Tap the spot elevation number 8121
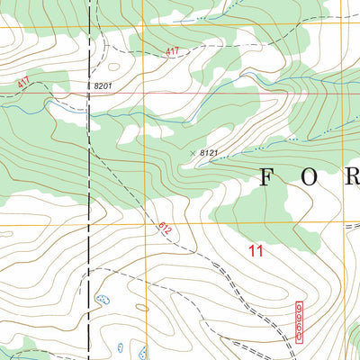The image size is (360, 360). coord(209,154)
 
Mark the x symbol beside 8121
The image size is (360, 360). coord(193,152)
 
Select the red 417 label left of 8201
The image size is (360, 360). coord(23,84)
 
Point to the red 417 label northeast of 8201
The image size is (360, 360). coord(172,52)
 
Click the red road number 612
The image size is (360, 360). coord(165,230)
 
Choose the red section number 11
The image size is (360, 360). coord(256,252)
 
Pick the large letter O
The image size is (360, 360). coord(310,177)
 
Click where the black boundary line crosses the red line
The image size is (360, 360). coord(89,92)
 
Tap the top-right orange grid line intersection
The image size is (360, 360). coord(345,27)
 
